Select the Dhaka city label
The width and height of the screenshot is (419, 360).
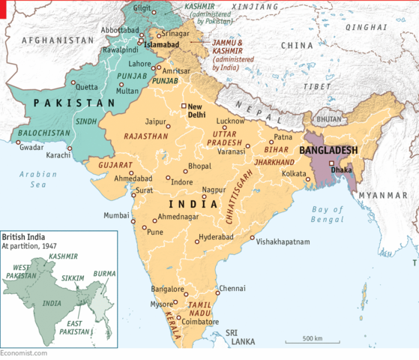coord(341,170)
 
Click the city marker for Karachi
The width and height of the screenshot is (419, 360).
coord(70,148)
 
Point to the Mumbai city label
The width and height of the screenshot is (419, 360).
coord(116,215)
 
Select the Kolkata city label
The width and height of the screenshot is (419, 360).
coord(293,174)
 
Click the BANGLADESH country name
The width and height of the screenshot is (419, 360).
coord(328,150)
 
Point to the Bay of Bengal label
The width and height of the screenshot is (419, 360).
coord(328,214)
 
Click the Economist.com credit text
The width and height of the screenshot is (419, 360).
coord(24,352)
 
